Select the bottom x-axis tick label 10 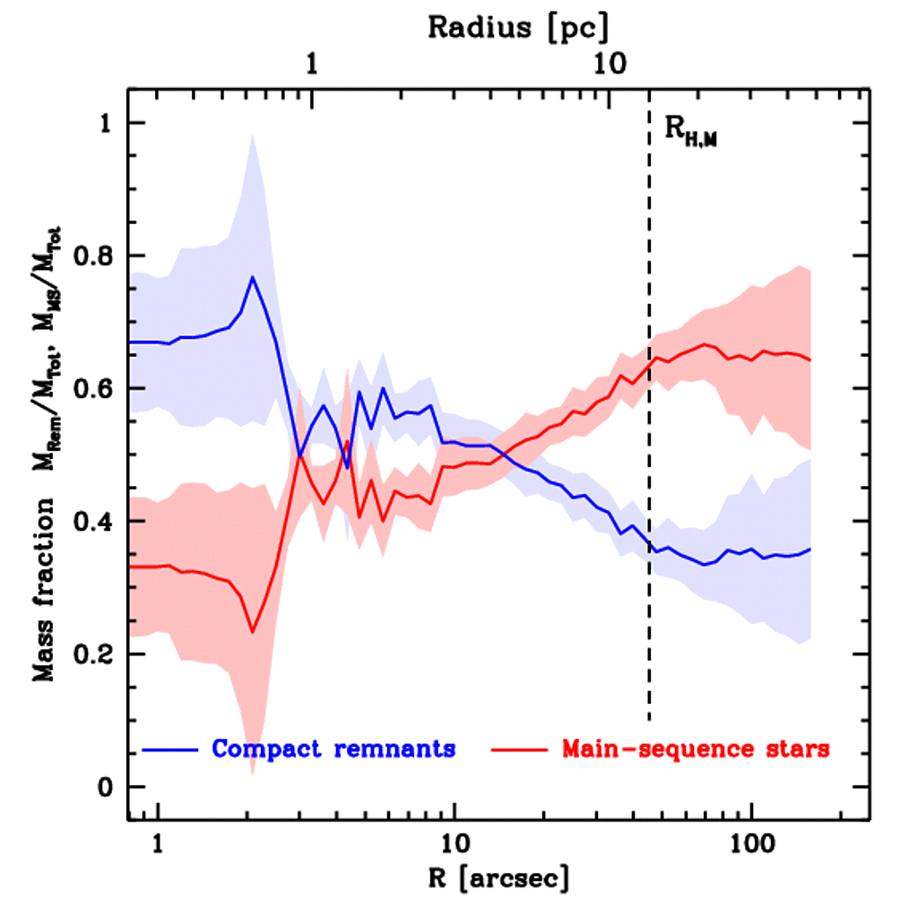pos(455,844)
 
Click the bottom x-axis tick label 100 pos(749,844)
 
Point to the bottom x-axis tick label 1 pos(159,844)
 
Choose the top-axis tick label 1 pos(312,65)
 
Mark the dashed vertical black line pos(649,448)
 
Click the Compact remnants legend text pos(333,749)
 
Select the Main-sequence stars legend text pos(695,749)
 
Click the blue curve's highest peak pos(253,277)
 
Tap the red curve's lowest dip pos(253,632)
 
